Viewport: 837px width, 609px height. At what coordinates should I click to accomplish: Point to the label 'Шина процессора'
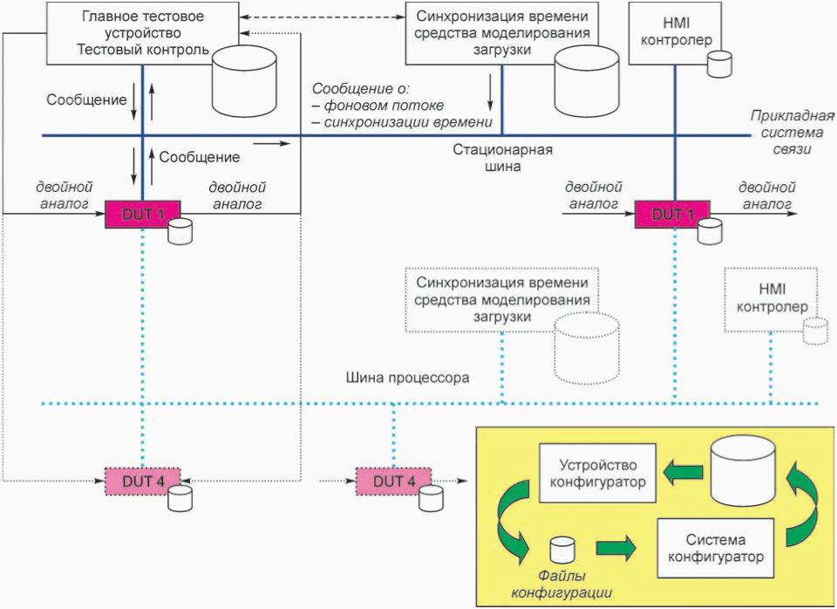407,378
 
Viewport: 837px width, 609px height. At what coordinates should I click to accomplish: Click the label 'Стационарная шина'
502,158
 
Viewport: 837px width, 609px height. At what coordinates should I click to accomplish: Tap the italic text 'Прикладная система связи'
793,132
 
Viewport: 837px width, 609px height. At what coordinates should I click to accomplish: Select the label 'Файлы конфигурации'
561,584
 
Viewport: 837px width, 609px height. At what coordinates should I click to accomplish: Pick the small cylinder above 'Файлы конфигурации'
562,550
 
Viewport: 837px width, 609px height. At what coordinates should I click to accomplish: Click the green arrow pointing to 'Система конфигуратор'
616,549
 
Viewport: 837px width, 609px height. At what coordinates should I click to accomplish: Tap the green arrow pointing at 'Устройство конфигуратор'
684,472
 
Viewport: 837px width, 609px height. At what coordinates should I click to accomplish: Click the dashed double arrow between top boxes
322,17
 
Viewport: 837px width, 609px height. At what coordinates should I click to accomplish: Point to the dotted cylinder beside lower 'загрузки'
587,348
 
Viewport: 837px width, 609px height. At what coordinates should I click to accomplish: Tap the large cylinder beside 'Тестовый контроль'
244,81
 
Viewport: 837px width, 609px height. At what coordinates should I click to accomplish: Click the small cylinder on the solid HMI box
719,64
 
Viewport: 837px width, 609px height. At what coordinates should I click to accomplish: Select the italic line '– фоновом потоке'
378,106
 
